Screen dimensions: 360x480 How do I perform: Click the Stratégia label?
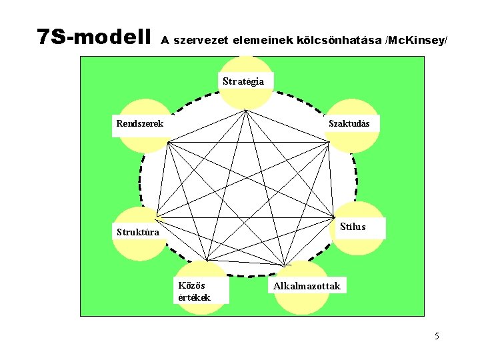click(x=243, y=81)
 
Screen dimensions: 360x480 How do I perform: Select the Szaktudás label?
click(x=353, y=123)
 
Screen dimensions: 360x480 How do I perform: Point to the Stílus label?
click(x=353, y=227)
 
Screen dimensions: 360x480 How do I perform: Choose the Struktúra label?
click(x=138, y=232)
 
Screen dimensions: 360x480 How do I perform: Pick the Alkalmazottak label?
click(x=307, y=286)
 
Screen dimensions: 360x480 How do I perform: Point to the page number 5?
click(x=437, y=335)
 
